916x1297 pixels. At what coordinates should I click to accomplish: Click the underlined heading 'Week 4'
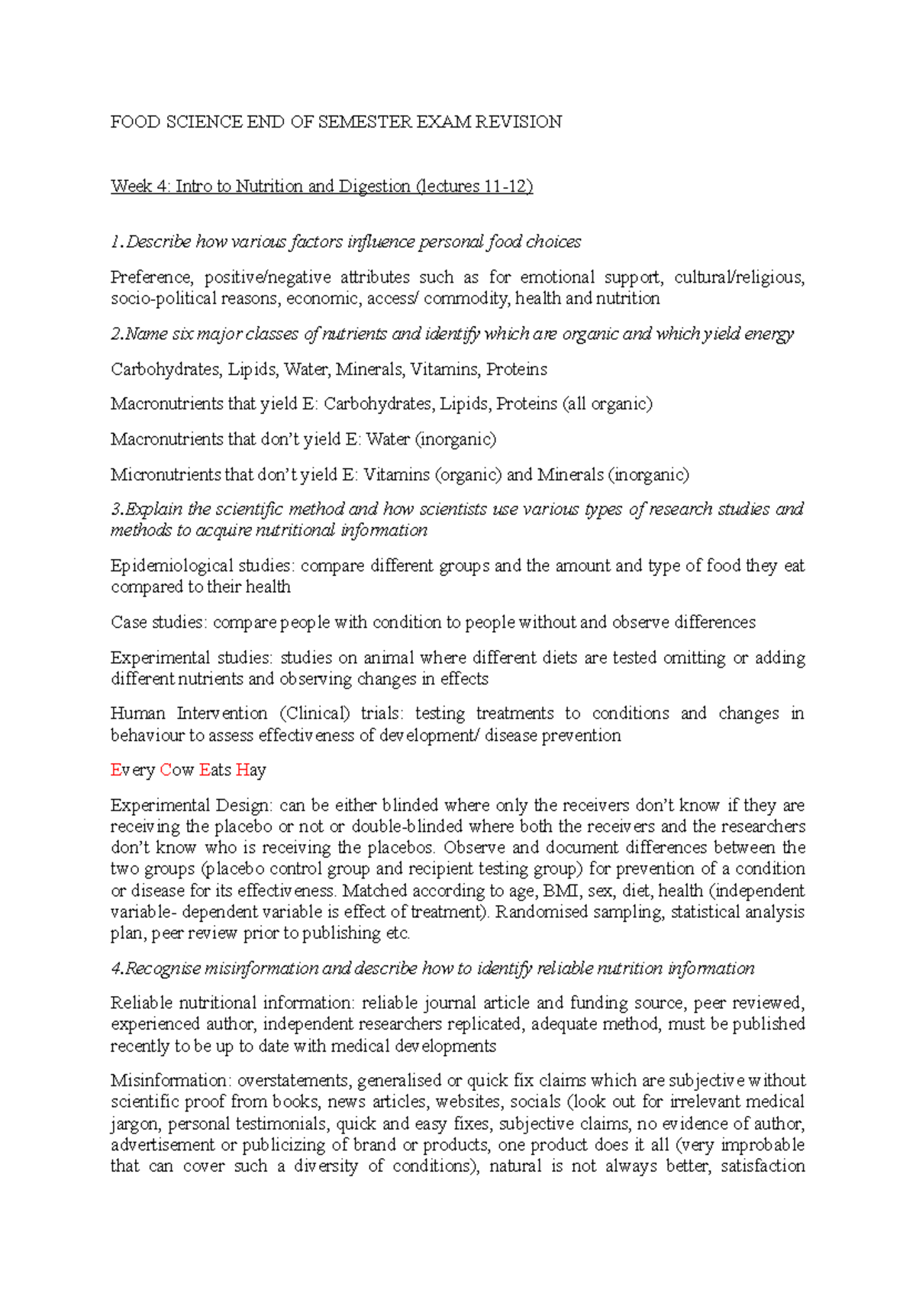click(x=141, y=186)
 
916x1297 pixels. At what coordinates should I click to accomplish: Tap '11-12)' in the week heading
click(x=508, y=186)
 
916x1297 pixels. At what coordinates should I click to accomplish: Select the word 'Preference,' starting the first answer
click(x=150, y=277)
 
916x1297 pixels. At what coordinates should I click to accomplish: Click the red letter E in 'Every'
click(x=116, y=770)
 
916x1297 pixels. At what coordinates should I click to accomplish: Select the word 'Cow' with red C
click(x=177, y=770)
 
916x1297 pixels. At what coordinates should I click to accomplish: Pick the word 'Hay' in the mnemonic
click(x=251, y=770)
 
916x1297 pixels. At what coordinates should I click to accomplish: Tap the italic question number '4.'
click(x=118, y=969)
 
